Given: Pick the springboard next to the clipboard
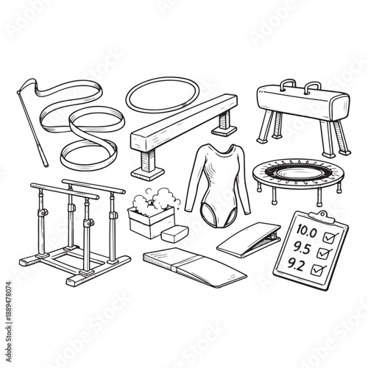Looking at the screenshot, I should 248,239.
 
